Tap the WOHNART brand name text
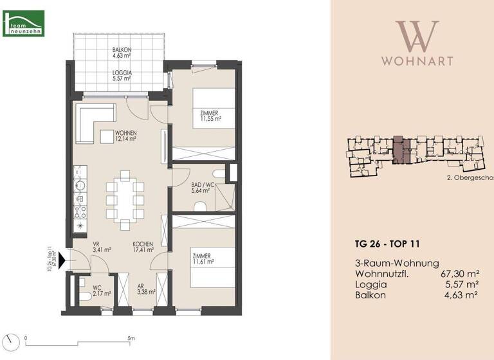click(417, 61)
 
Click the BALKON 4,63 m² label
click(122, 53)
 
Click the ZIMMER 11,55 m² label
click(210, 116)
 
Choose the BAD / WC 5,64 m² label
click(202, 187)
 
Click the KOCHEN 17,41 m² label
click(143, 248)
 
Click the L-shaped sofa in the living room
click(94, 122)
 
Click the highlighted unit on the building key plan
click(399, 152)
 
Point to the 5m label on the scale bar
click(131, 337)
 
